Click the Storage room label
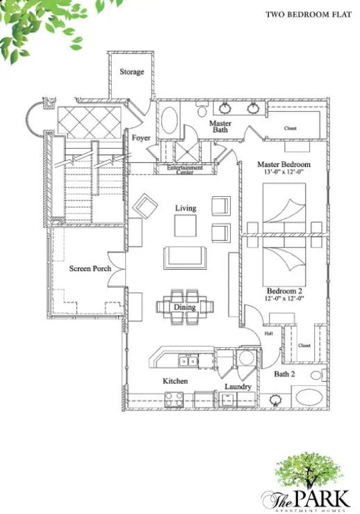click(131, 72)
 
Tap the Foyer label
click(141, 138)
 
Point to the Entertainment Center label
click(185, 169)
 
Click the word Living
click(186, 208)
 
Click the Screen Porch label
click(90, 268)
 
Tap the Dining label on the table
click(184, 307)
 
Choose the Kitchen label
click(175, 381)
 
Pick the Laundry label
click(237, 387)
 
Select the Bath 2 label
click(285, 374)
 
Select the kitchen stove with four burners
click(174, 399)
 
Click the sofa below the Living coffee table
click(184, 257)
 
